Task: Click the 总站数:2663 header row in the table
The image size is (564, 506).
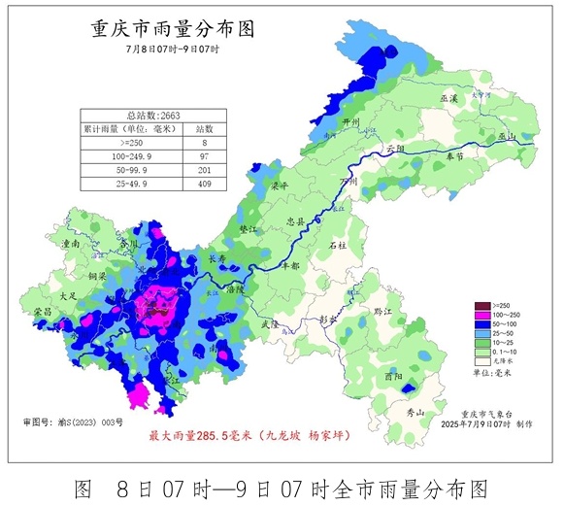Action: pos(153,114)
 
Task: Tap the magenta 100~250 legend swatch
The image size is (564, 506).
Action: pos(478,315)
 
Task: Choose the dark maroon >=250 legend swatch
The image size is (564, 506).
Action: pos(478,305)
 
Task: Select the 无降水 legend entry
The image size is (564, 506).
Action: pos(501,360)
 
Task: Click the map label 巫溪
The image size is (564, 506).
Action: pos(448,99)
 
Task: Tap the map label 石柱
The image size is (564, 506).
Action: pos(337,246)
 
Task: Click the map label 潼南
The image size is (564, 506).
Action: pos(70,246)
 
